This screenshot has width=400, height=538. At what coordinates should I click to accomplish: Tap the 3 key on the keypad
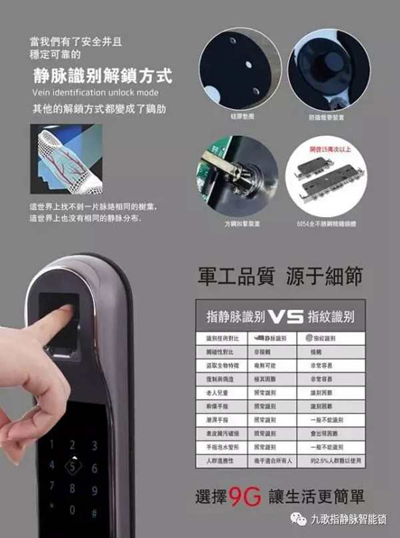pos(94,445)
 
